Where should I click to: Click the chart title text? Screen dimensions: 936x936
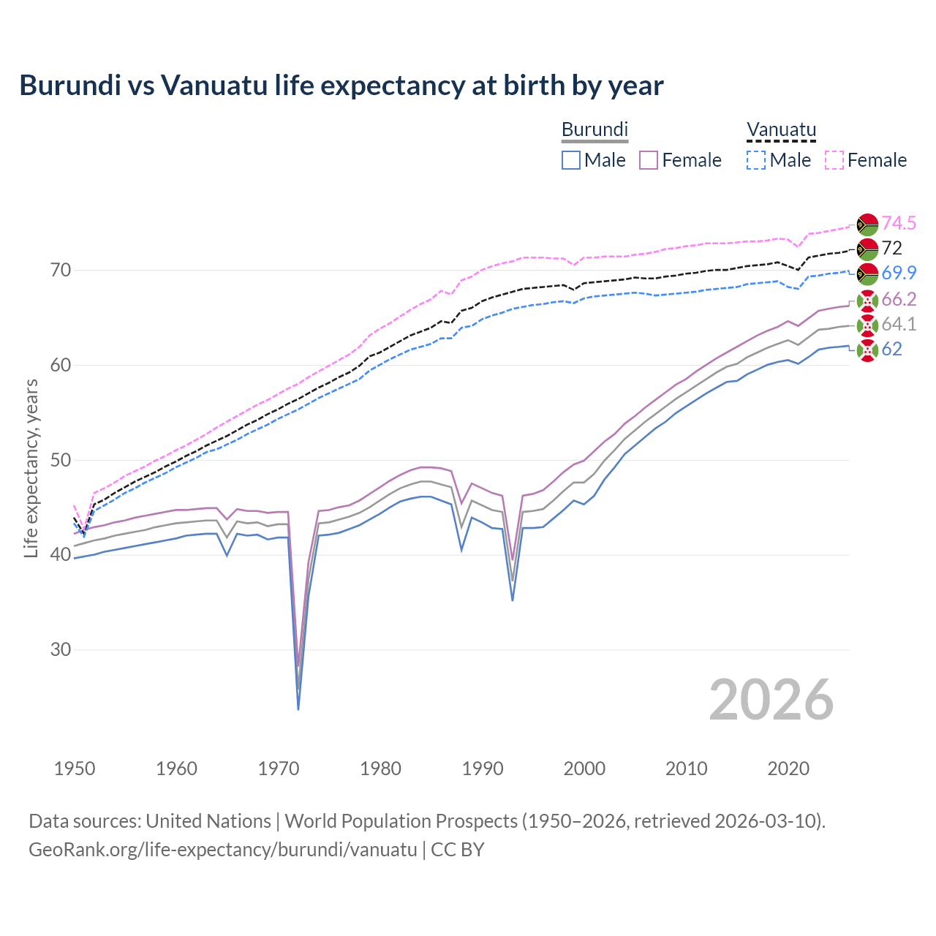[341, 86]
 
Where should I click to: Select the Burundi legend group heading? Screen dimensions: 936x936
[595, 129]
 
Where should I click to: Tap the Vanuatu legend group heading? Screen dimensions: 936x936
[781, 129]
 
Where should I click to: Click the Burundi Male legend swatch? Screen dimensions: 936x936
[571, 160]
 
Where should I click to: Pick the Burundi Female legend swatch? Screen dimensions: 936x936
[649, 160]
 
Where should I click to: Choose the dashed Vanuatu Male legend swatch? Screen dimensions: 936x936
[756, 160]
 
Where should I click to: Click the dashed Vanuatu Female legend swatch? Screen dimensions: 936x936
[834, 160]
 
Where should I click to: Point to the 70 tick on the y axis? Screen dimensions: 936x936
[61, 271]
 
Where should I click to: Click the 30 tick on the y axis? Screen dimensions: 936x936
[61, 649]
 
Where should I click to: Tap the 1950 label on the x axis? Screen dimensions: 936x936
[75, 769]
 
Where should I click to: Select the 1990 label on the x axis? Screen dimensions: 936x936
[483, 769]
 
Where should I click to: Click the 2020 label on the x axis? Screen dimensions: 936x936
[788, 769]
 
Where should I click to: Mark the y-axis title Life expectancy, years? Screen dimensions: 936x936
[31, 468]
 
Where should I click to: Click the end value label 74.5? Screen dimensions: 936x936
[899, 223]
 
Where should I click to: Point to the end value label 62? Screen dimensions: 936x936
[891, 349]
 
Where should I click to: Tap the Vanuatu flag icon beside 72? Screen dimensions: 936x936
[867, 249]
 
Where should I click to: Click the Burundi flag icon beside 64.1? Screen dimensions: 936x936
[867, 325]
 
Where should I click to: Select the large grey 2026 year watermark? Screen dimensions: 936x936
[771, 700]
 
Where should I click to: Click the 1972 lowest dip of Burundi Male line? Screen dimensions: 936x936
[298, 709]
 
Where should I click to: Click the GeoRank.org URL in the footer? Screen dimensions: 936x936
[223, 850]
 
